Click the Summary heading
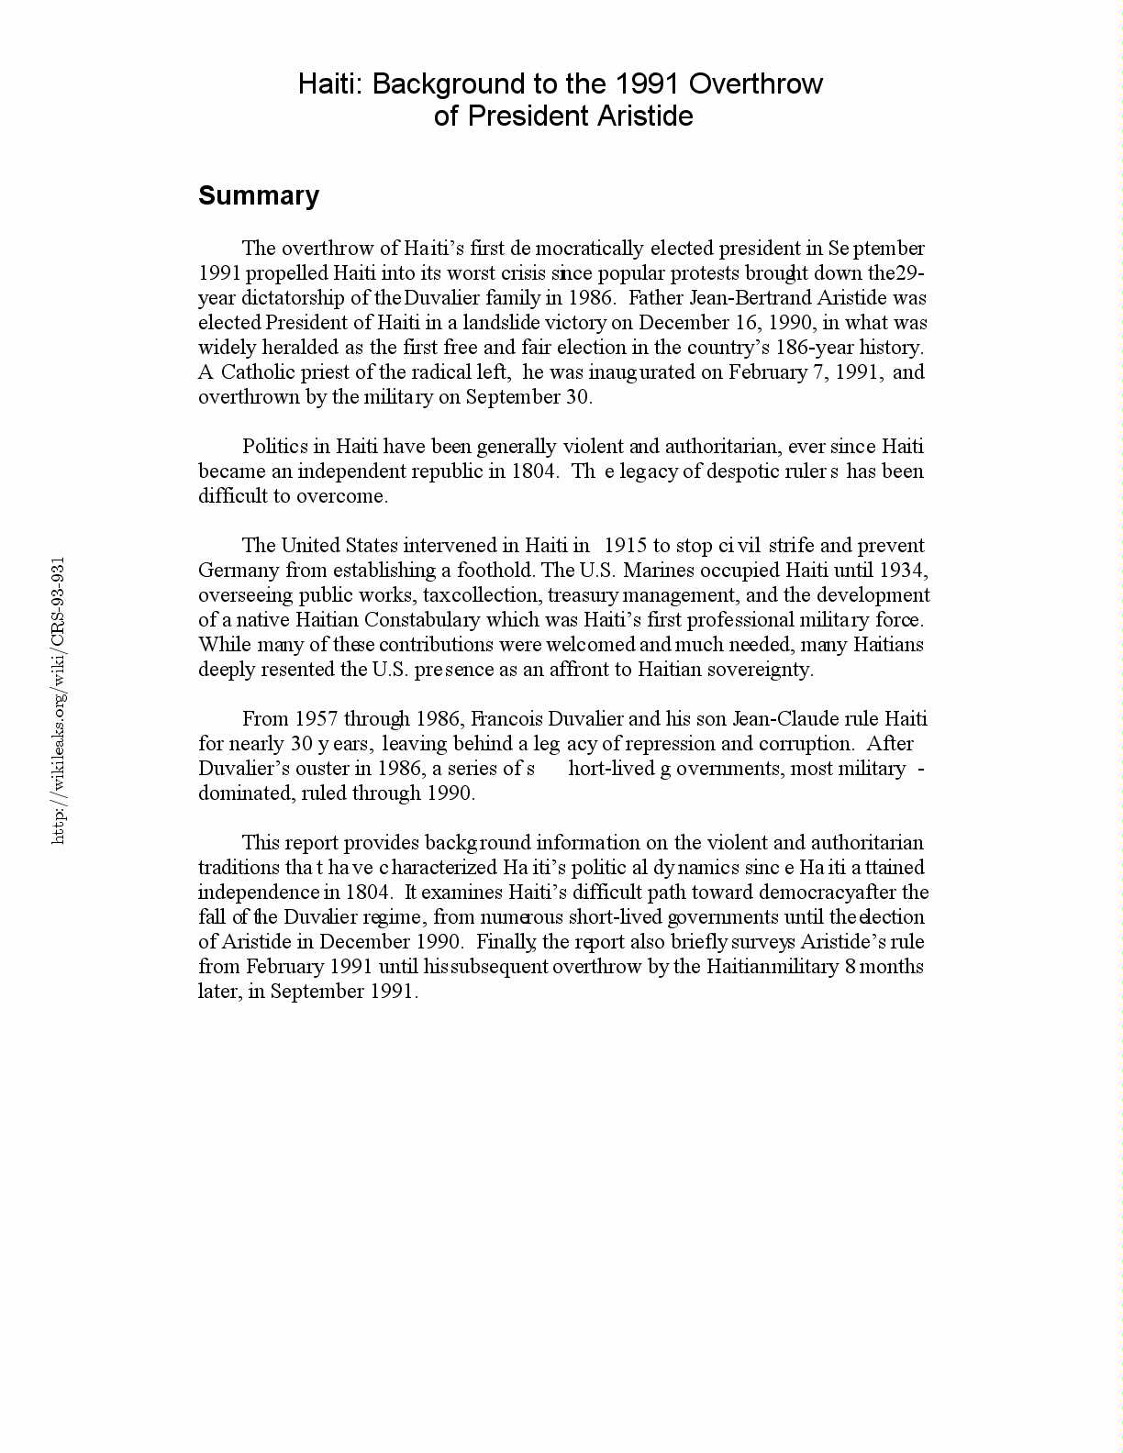(259, 195)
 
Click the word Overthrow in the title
(755, 84)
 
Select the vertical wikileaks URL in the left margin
(59, 700)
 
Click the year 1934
(901, 571)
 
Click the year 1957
(317, 719)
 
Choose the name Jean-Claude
(785, 719)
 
